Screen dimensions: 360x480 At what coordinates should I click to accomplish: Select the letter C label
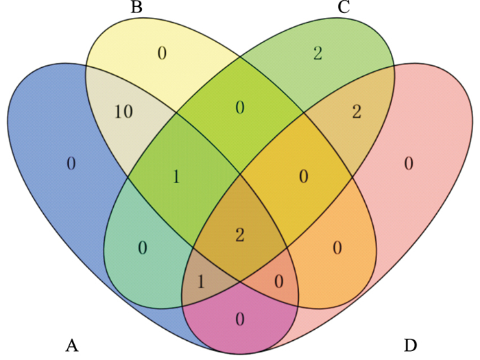(x=344, y=9)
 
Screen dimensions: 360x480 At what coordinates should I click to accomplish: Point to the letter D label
(x=410, y=344)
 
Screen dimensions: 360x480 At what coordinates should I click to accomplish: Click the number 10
(x=123, y=112)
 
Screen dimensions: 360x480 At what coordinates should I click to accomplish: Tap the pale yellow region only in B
(x=162, y=53)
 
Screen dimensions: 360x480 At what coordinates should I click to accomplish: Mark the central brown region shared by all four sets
(x=239, y=235)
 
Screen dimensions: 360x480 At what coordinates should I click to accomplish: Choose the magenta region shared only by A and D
(x=239, y=318)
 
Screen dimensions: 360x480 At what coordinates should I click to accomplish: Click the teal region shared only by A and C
(x=142, y=248)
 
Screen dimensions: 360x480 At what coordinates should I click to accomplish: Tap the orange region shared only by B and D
(x=337, y=248)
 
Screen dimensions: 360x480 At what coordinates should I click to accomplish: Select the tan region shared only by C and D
(x=356, y=112)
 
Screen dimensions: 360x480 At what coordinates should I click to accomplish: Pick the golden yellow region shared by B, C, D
(x=304, y=178)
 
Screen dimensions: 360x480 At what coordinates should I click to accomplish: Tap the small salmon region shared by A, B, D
(x=278, y=280)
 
